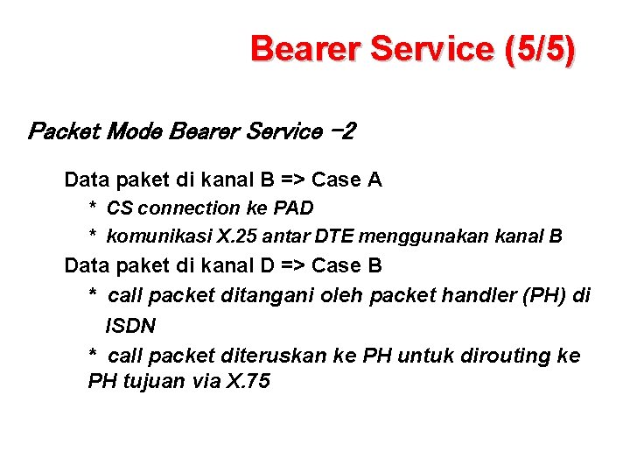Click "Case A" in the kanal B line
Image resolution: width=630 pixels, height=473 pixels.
tap(346, 180)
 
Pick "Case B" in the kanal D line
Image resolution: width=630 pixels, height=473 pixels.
tap(346, 265)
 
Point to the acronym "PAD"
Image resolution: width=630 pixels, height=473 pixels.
tap(294, 208)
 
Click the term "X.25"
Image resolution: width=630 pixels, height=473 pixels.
tap(234, 236)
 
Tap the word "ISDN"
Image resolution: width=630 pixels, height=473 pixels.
tap(130, 326)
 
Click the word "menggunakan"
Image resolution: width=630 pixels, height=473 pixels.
tap(417, 236)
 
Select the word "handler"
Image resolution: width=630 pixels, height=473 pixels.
tap(458, 296)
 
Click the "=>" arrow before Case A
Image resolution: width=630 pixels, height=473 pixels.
tap(293, 180)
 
